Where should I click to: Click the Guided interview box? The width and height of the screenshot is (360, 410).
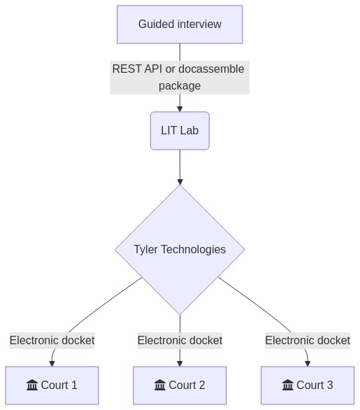pyautogui.click(x=180, y=24)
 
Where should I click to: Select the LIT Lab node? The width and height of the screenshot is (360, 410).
pyautogui.click(x=180, y=131)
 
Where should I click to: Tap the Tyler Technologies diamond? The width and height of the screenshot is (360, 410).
pyautogui.click(x=180, y=250)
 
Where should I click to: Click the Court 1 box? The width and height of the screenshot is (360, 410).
pyautogui.click(x=52, y=386)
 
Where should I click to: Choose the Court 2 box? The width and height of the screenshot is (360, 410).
pyautogui.click(x=180, y=386)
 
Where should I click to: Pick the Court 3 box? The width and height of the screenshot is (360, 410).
pyautogui.click(x=308, y=386)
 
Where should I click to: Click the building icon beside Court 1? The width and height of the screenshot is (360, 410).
pyautogui.click(x=32, y=385)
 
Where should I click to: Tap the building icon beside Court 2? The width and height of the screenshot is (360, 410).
pyautogui.click(x=160, y=385)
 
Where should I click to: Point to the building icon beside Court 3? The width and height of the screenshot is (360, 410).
pyautogui.click(x=287, y=385)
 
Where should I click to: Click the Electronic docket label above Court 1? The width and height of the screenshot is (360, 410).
pyautogui.click(x=52, y=341)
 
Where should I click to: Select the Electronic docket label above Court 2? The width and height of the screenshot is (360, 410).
pyautogui.click(x=180, y=341)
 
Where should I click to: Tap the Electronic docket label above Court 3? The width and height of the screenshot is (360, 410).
pyautogui.click(x=308, y=341)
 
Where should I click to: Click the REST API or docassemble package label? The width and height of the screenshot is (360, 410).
pyautogui.click(x=180, y=78)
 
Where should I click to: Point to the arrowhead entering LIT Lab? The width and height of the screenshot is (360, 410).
pyautogui.click(x=180, y=109)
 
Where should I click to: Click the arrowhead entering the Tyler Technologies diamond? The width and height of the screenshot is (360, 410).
pyautogui.click(x=180, y=182)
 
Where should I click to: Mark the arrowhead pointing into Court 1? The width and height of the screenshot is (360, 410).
pyautogui.click(x=52, y=363)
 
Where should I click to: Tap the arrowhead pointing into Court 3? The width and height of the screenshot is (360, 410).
pyautogui.click(x=308, y=363)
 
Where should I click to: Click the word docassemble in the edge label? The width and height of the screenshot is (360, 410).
pyautogui.click(x=211, y=69)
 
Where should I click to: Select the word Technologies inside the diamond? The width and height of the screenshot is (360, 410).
pyautogui.click(x=194, y=250)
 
